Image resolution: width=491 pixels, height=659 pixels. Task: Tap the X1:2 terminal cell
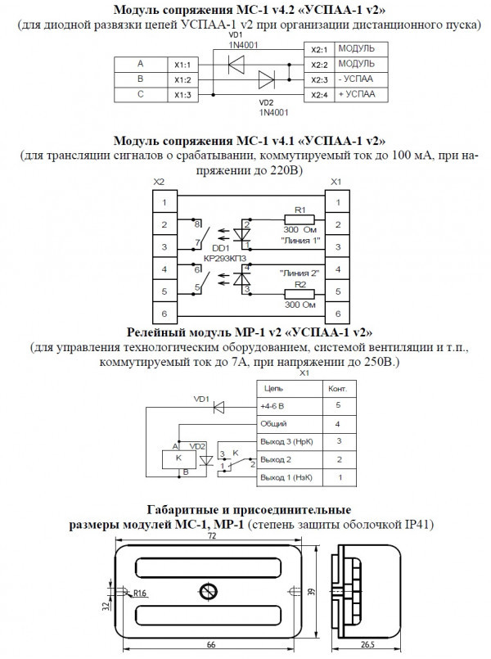(x=182, y=79)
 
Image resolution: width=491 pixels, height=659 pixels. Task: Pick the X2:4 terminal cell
(x=319, y=95)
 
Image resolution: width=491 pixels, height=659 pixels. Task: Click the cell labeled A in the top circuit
(x=140, y=64)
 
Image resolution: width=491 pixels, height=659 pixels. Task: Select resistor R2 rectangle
(x=299, y=293)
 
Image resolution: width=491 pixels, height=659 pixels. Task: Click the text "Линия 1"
(x=299, y=241)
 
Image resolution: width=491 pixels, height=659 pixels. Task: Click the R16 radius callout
(x=140, y=593)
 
